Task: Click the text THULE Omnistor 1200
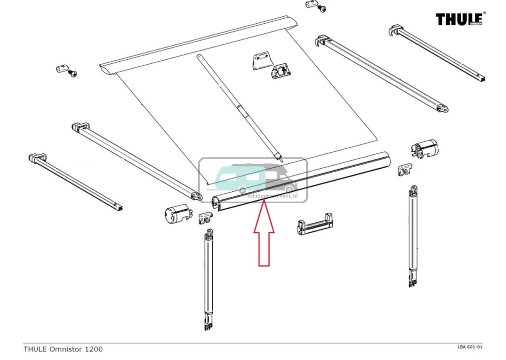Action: pos(63,349)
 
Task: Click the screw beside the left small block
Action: pos(74,73)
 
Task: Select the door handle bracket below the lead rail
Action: pos(314,227)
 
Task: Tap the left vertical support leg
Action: pos(209,279)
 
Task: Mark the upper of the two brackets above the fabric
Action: pos(262,62)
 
